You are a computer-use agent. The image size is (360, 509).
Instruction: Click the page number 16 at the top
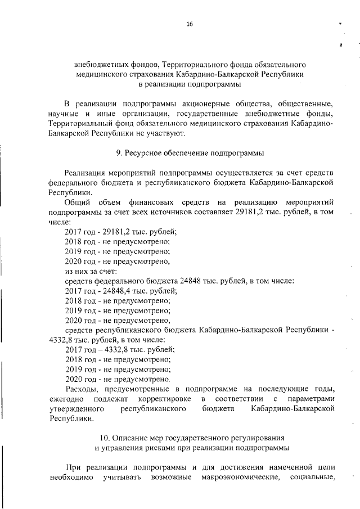(190, 24)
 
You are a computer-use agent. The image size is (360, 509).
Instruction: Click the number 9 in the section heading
(117, 152)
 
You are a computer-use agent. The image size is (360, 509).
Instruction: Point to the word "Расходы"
(82, 389)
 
